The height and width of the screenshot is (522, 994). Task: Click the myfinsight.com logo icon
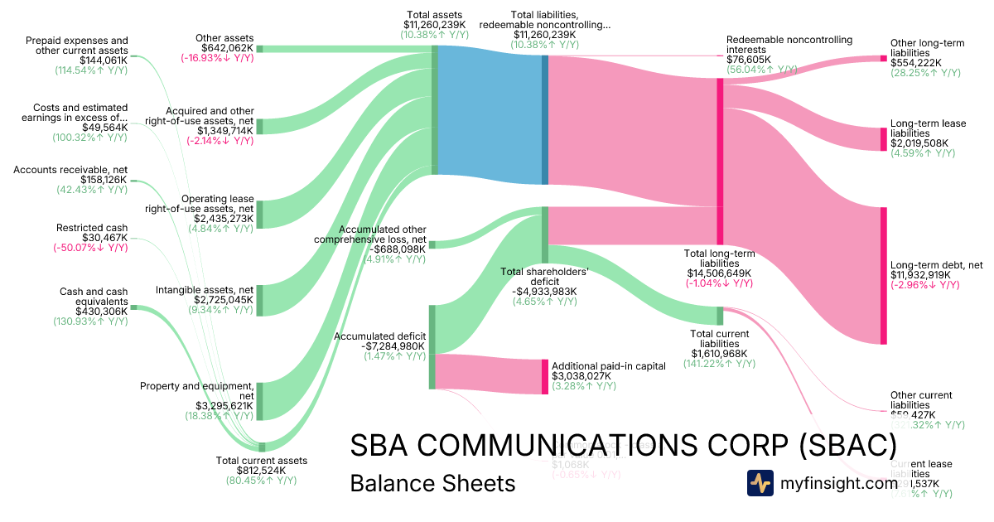point(760,483)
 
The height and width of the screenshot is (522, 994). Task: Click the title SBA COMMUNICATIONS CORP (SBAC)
point(623,446)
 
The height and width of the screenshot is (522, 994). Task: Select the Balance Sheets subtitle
point(432,483)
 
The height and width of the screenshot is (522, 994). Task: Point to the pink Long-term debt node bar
point(884,275)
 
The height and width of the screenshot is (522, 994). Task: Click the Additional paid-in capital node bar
point(545,377)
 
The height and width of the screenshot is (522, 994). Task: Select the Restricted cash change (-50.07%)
point(92,248)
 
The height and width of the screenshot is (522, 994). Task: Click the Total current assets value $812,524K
point(261,471)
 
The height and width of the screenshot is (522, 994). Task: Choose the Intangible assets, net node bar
point(259,300)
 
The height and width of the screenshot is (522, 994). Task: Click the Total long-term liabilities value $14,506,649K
point(719,273)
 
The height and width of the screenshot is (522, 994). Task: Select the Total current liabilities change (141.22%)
point(719,364)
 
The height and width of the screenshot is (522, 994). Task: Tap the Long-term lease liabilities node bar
point(884,139)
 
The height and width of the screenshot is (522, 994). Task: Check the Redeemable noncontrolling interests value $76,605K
point(749,60)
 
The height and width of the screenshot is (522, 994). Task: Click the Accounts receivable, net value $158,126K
point(104,180)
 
